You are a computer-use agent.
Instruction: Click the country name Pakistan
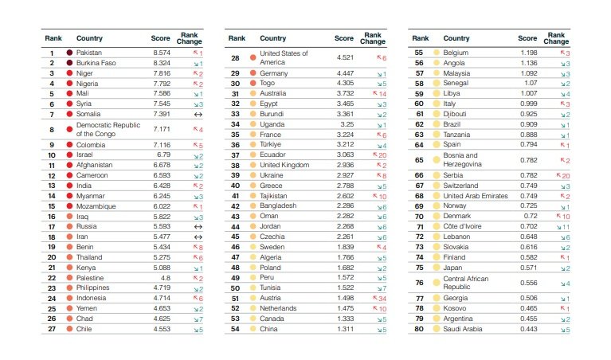pos(89,53)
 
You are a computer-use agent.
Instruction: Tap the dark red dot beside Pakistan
pos(69,53)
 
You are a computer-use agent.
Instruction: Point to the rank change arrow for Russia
pos(198,226)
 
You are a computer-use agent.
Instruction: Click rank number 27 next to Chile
pos(51,329)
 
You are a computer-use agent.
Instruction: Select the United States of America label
pos(283,58)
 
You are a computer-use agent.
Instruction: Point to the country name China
pos(269,329)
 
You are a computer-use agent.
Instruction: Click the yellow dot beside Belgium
pos(436,53)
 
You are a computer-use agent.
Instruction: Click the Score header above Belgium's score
pos(527,38)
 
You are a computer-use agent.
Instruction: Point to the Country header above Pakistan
pos(89,38)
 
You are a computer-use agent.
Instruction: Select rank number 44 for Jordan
pos(235,226)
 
